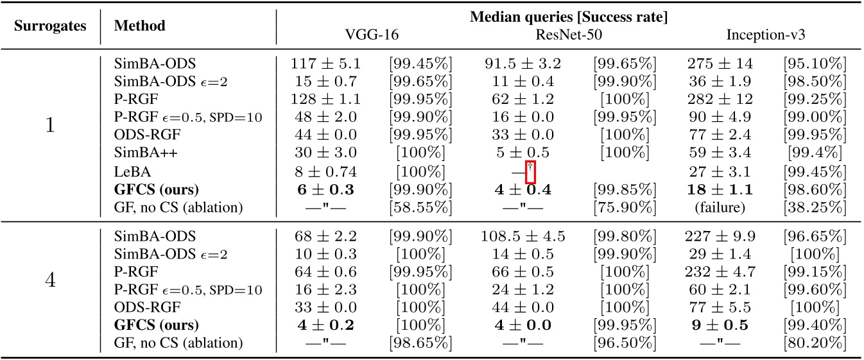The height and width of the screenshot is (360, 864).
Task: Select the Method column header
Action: tap(139, 26)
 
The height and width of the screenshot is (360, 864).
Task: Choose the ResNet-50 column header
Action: tap(568, 35)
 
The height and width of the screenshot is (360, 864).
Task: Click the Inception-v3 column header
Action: tap(766, 35)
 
